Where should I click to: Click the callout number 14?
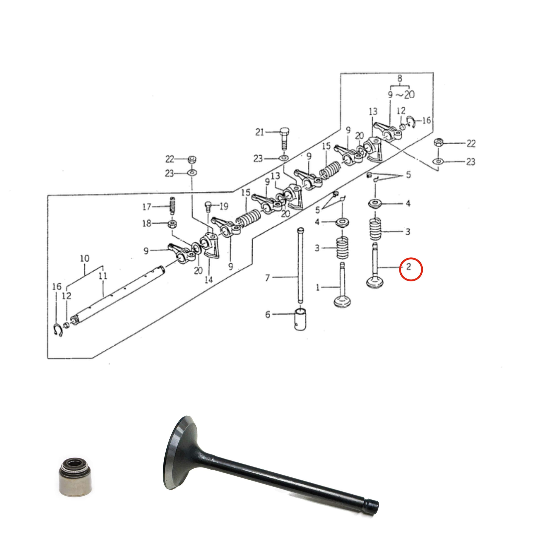click(x=209, y=280)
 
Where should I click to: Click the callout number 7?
click(x=267, y=278)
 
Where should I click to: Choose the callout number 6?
click(x=268, y=314)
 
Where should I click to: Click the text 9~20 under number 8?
click(x=401, y=95)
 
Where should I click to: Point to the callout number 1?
click(x=318, y=287)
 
